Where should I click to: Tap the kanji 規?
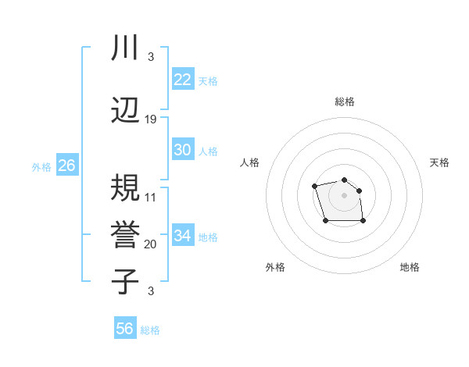(x=125, y=187)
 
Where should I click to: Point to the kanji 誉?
(x=125, y=233)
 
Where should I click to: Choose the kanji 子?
(x=125, y=281)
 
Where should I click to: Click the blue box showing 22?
(x=183, y=79)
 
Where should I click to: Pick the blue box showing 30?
(x=183, y=150)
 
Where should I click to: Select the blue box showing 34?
(x=183, y=236)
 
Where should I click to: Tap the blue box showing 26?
(x=66, y=166)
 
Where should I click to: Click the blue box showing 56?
(x=124, y=329)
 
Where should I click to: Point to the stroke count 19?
(x=151, y=119)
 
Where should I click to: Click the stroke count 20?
(x=151, y=244)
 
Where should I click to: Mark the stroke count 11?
(x=151, y=197)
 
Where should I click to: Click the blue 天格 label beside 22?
(x=208, y=80)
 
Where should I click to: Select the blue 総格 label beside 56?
(x=150, y=330)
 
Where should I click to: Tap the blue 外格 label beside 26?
(x=41, y=167)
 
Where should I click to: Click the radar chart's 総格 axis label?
(x=345, y=102)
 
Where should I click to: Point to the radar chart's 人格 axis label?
(x=250, y=162)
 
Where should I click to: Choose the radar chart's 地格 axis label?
(x=410, y=267)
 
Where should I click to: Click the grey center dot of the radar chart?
(x=344, y=194)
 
